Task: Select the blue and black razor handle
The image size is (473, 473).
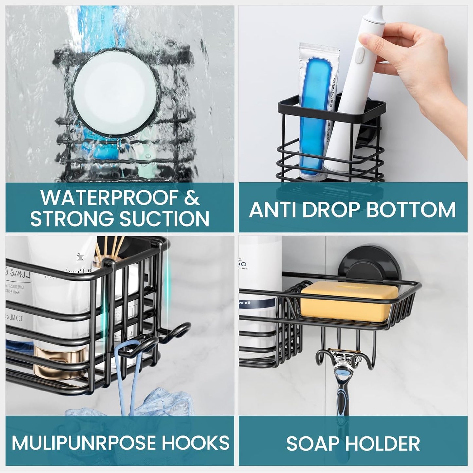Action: [x=354, y=399]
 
